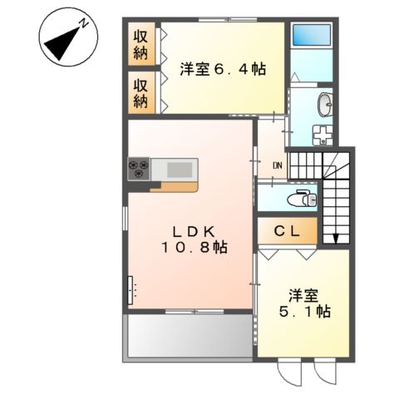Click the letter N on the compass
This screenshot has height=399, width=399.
pyautogui.click(x=84, y=23)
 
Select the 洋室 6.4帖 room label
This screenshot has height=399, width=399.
pyautogui.click(x=223, y=69)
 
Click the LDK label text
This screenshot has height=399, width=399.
pyautogui.click(x=194, y=232)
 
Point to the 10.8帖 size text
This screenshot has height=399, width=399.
pyautogui.click(x=195, y=247)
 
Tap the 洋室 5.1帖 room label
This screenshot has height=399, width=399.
pyautogui.click(x=304, y=303)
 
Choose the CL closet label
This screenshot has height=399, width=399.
pyautogui.click(x=288, y=231)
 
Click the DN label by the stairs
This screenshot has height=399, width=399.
pyautogui.click(x=278, y=166)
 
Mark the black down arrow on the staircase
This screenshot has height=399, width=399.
pyautogui.click(x=336, y=239)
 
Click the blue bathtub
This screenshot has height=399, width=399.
pyautogui.click(x=312, y=35)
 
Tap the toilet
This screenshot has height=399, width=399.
pyautogui.click(x=303, y=198)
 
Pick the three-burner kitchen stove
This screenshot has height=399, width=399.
pyautogui.click(x=139, y=169)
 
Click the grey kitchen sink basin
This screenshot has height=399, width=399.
pyautogui.click(x=180, y=170)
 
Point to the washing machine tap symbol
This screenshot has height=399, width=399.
pyautogui.click(x=323, y=135)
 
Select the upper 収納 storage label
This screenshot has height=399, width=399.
pyautogui.click(x=140, y=45)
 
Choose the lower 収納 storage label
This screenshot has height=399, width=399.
pyautogui.click(x=140, y=94)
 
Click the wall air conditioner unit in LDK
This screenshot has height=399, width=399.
pyautogui.click(x=130, y=290)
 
